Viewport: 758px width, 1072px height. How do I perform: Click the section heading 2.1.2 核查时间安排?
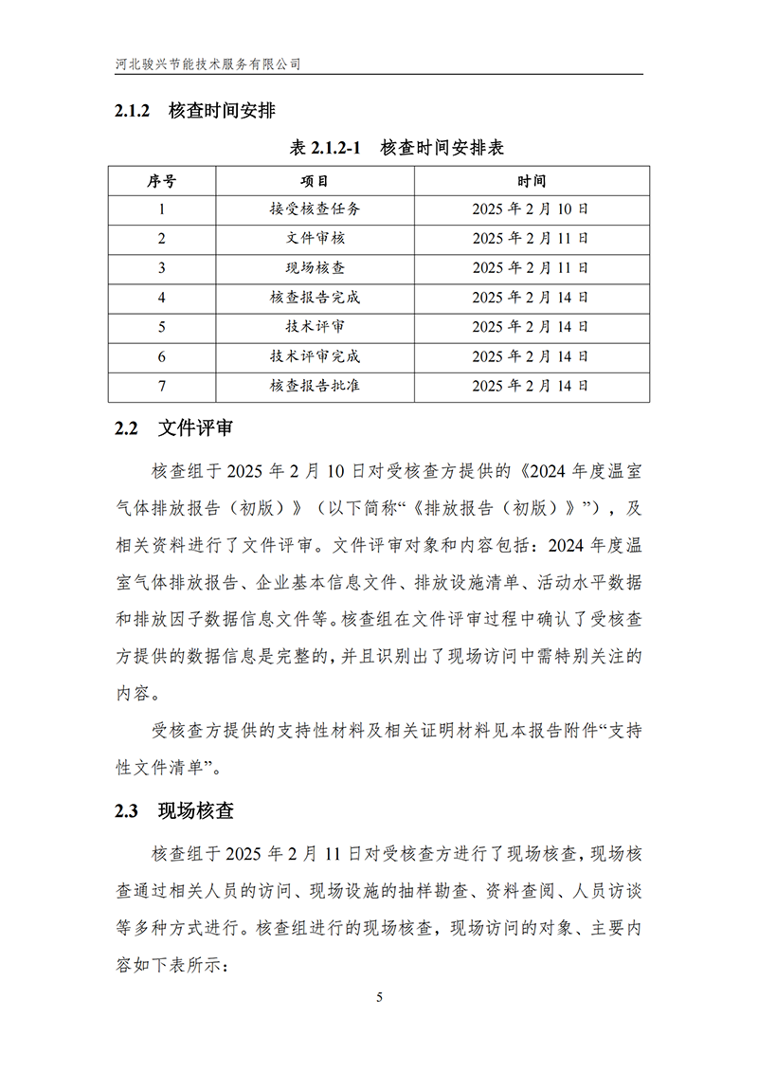click(x=195, y=112)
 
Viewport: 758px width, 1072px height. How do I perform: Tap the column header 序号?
click(x=162, y=181)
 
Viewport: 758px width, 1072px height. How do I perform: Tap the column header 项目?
click(x=315, y=181)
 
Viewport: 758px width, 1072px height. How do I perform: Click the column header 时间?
click(x=531, y=181)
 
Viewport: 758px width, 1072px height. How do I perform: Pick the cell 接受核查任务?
click(x=315, y=209)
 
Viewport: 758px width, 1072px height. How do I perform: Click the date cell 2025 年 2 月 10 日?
click(x=531, y=209)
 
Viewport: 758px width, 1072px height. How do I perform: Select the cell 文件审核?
click(x=315, y=239)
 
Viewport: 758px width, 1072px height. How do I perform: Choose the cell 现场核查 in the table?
click(x=315, y=268)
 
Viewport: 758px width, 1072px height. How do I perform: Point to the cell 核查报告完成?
click(x=315, y=298)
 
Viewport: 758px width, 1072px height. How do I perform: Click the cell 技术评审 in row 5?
click(x=315, y=327)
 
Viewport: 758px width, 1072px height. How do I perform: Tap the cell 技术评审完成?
click(x=315, y=356)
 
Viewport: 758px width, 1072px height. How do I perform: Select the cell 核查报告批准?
click(x=315, y=386)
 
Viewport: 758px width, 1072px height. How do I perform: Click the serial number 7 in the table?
click(x=162, y=386)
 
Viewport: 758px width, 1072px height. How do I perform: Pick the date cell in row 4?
click(x=531, y=298)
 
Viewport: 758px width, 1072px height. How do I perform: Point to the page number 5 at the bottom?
click(x=379, y=998)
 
